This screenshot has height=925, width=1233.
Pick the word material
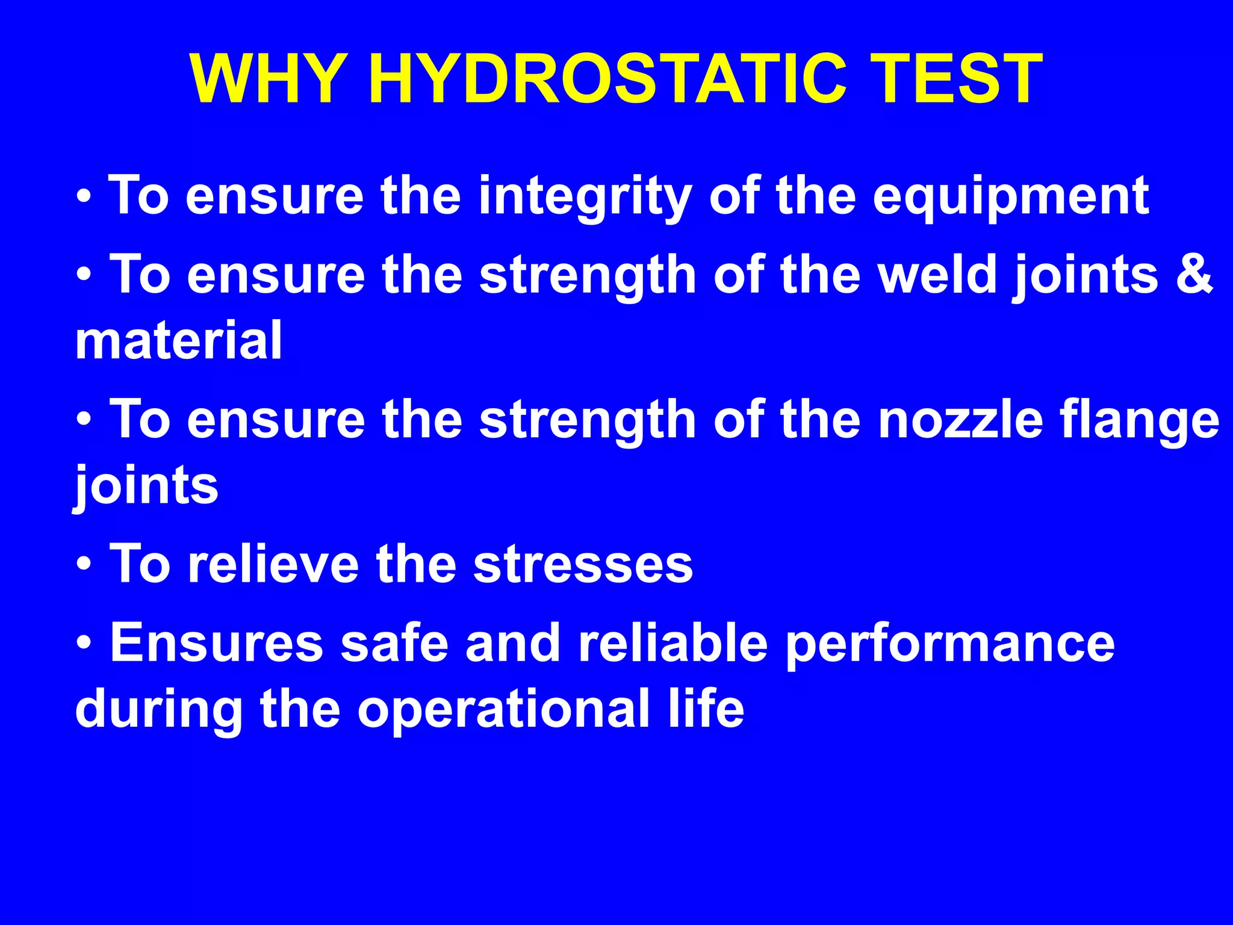(179, 340)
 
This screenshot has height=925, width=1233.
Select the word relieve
(273, 564)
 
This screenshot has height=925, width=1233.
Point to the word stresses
(583, 565)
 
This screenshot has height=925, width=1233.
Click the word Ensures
(217, 643)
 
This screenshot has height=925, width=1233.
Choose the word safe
(394, 643)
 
